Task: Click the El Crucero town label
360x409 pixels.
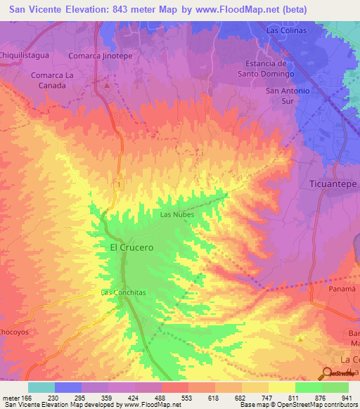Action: pyautogui.click(x=131, y=248)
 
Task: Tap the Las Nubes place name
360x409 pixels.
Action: pyautogui.click(x=176, y=214)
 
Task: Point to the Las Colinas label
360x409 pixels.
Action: pyautogui.click(x=287, y=30)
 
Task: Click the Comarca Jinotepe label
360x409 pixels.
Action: pyautogui.click(x=101, y=56)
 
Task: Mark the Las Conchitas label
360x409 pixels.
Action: pyautogui.click(x=123, y=292)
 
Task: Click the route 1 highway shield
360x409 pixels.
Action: pyautogui.click(x=120, y=183)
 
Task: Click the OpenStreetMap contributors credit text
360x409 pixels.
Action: pyautogui.click(x=315, y=405)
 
